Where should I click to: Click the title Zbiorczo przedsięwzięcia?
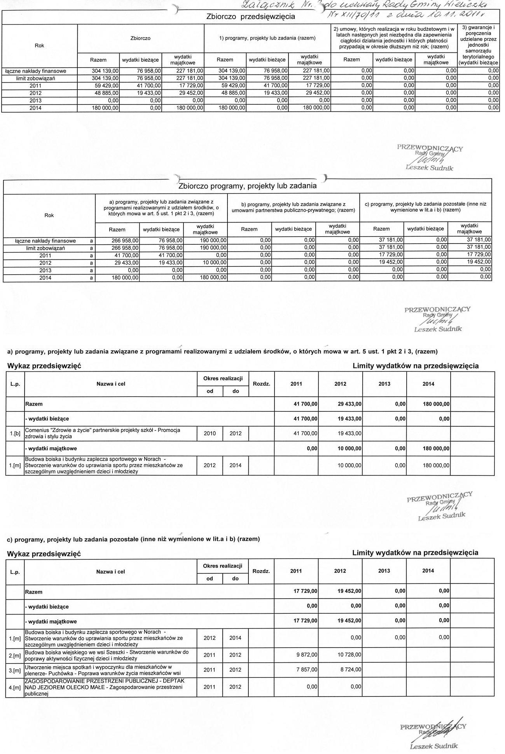pos(250,17)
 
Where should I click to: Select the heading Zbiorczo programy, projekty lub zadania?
pos(247,186)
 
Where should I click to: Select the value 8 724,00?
pos(350,670)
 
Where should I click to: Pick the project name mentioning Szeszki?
pos(107,655)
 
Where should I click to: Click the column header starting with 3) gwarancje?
pos(478,45)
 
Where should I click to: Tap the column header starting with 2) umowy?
pos(394,38)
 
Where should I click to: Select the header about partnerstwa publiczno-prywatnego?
pos(294,207)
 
